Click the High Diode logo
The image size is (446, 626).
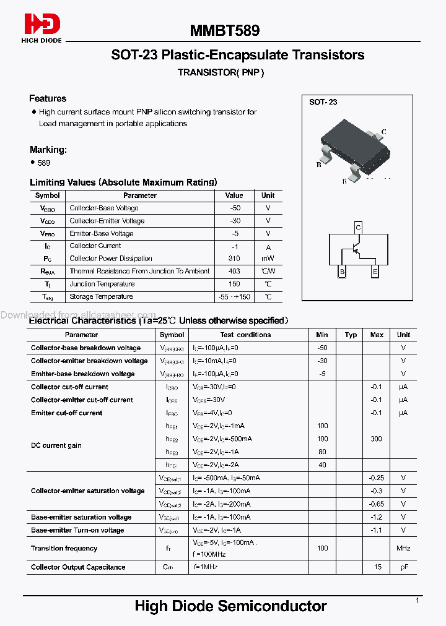coord(42,28)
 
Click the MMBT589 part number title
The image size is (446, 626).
coord(224,30)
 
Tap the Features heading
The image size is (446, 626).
coord(48,98)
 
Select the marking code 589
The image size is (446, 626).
coord(44,163)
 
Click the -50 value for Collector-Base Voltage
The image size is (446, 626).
coord(234,208)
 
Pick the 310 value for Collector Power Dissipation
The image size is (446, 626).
coord(234,259)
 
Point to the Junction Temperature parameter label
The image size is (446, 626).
coord(102,284)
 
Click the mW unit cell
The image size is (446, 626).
coord(268,259)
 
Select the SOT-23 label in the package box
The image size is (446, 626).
coord(323,102)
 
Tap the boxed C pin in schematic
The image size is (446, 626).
coord(357,228)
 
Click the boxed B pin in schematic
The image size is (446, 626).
coord(341,272)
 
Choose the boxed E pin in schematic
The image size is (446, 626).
coord(375,272)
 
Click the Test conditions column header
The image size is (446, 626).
coord(245,335)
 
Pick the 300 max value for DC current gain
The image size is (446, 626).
coord(377,439)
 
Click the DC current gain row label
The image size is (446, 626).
coord(56,445)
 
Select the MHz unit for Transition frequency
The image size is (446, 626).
coord(403,548)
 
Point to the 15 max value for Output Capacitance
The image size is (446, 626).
coord(377,567)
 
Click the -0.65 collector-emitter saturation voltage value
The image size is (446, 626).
coord(377,504)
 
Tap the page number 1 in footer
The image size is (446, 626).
coord(418,601)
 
